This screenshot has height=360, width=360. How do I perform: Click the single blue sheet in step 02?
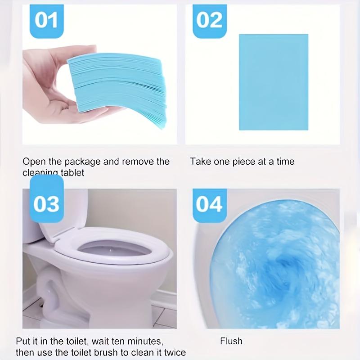pos(273,82)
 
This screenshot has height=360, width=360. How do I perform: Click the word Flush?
pos(231,341)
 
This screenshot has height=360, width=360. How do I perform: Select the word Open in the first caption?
pos(33,161)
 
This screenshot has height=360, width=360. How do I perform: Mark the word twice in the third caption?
pos(174,352)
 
